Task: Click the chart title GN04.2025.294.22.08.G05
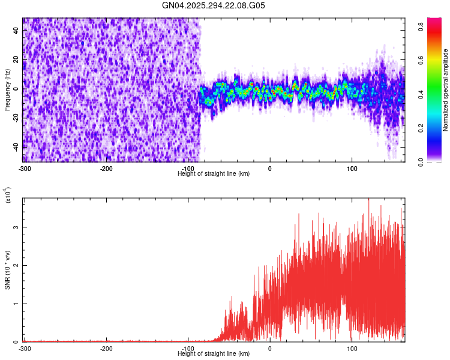(214, 5)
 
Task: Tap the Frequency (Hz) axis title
(7, 90)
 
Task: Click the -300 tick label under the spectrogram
(25, 168)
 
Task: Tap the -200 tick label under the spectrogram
(106, 168)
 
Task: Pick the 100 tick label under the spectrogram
(352, 168)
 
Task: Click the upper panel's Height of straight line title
(214, 173)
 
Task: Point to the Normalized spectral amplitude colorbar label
(446, 90)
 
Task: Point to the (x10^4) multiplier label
(8, 196)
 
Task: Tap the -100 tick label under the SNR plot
(188, 348)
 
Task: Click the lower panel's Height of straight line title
(214, 353)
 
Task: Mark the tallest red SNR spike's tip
(368, 199)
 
